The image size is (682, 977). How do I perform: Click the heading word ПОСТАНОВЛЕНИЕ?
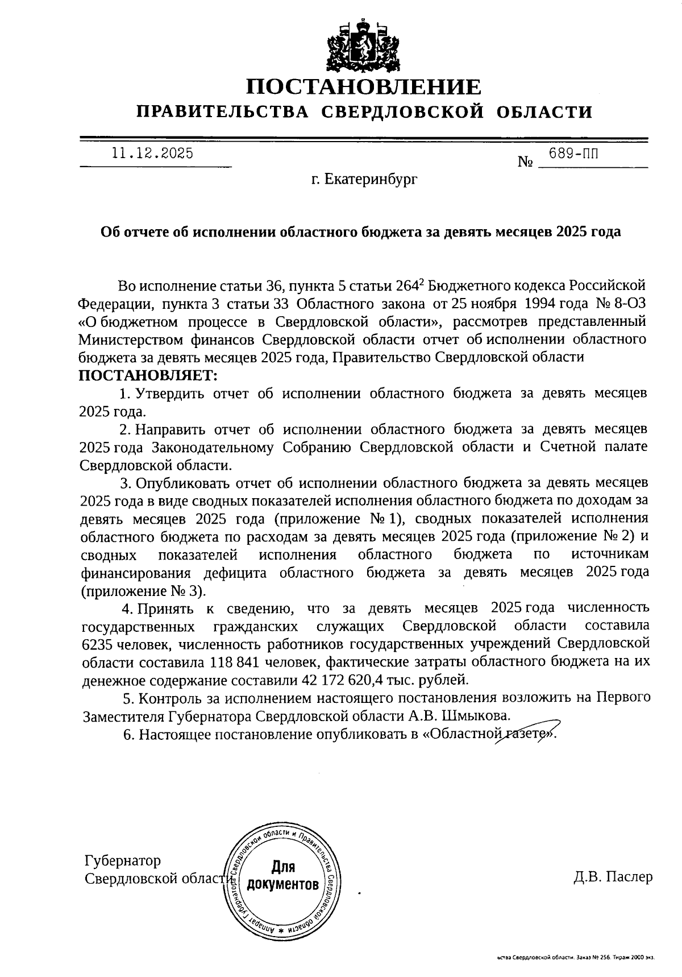364,87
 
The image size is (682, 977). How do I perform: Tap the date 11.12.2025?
152,154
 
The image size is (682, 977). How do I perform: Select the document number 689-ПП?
573,153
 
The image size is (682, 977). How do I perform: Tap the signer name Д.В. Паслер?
613,876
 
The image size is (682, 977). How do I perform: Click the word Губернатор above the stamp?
122,860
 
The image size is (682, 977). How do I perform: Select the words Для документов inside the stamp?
283,876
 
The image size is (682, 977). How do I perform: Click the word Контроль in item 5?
173,697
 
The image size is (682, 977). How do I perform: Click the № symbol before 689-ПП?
525,162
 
